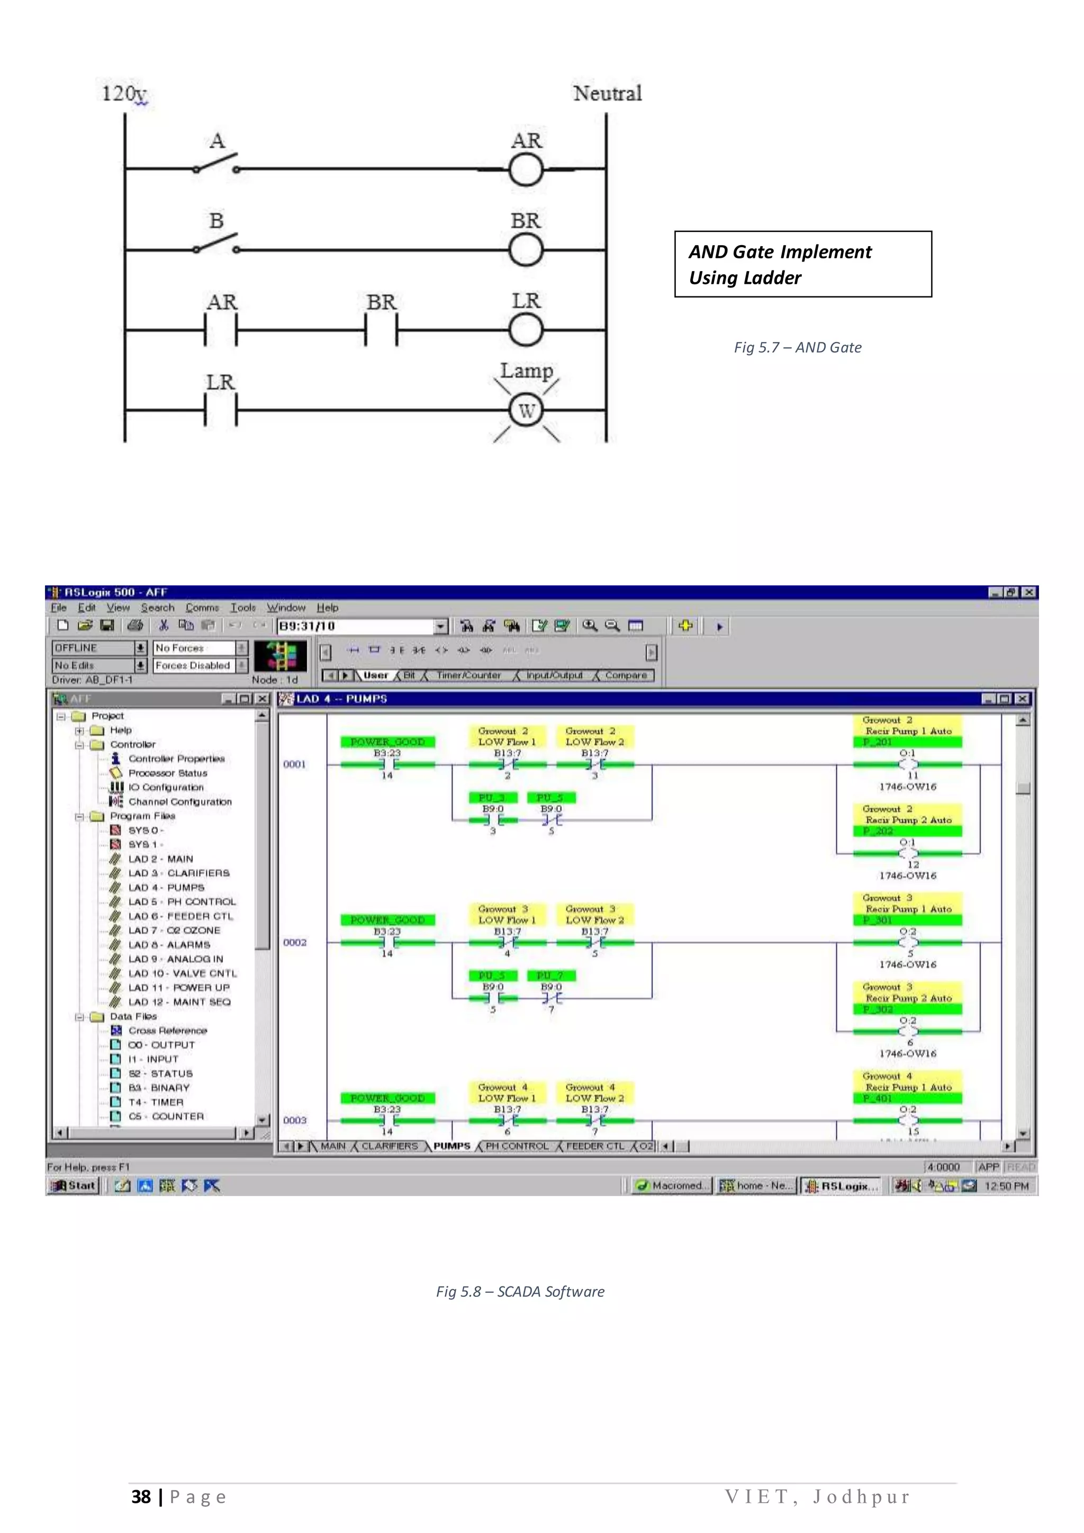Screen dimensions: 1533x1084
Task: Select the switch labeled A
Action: tap(215, 164)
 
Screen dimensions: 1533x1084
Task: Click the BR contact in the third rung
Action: tap(381, 329)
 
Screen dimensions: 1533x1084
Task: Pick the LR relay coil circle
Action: tap(526, 329)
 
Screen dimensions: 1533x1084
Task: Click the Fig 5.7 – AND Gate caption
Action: tap(797, 347)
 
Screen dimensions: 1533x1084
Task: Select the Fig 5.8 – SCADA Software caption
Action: tap(520, 1291)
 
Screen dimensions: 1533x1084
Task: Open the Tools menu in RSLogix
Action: tap(243, 608)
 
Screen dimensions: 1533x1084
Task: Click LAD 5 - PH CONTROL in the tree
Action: tap(182, 901)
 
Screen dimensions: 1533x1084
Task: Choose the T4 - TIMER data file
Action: tap(156, 1102)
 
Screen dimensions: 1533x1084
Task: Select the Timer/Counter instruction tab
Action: tap(468, 675)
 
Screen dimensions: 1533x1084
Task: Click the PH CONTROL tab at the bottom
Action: tap(517, 1146)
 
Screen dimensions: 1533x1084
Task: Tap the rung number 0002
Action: tap(294, 942)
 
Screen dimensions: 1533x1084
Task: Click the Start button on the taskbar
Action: tap(75, 1185)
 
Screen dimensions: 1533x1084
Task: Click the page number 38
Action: tap(141, 1496)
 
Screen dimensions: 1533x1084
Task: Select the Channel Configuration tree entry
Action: tap(179, 801)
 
